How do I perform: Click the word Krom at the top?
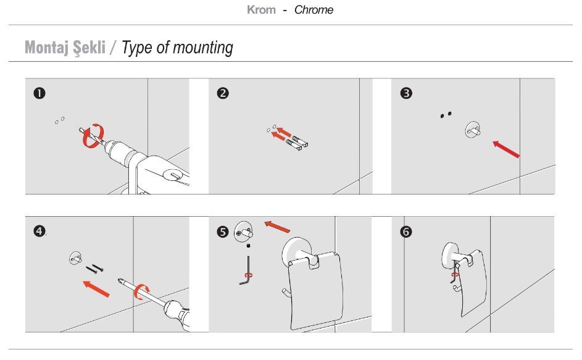pyautogui.click(x=261, y=10)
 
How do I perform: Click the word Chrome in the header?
pyautogui.click(x=314, y=10)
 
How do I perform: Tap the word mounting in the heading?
pyautogui.click(x=203, y=48)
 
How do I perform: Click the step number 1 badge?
pyautogui.click(x=39, y=93)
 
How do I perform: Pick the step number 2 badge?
pyautogui.click(x=223, y=93)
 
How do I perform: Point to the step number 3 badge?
pyautogui.click(x=406, y=93)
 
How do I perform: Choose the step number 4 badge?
pyautogui.click(x=39, y=232)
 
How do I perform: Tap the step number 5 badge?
pyautogui.click(x=223, y=232)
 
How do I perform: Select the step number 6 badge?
pyautogui.click(x=406, y=232)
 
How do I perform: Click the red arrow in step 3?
pyautogui.click(x=506, y=149)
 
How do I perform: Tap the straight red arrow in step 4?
pyautogui.click(x=96, y=288)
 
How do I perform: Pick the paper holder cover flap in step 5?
pyautogui.click(x=315, y=291)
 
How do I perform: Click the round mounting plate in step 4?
pyautogui.click(x=76, y=258)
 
